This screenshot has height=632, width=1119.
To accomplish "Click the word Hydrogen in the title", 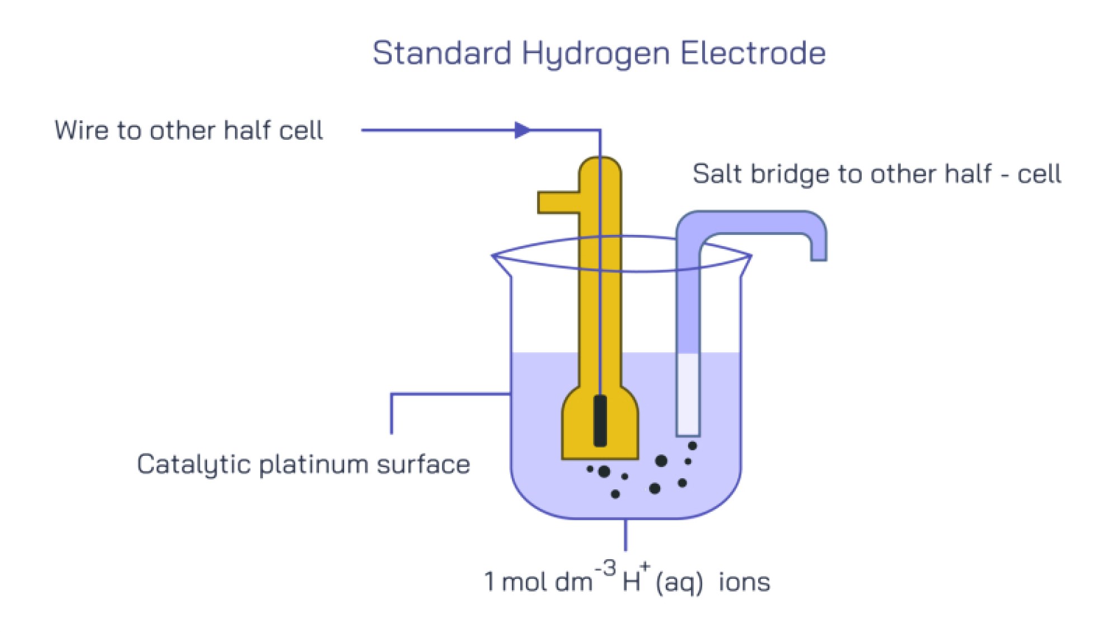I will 595,54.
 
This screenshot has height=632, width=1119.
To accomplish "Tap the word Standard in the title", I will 441,53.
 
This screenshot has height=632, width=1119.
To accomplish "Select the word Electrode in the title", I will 753,53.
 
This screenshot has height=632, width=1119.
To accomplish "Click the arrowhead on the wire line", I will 522,130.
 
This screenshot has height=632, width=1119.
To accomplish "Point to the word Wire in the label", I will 81,130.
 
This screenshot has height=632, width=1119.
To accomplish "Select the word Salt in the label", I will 718,174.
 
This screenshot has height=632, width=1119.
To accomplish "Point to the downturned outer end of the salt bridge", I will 819,246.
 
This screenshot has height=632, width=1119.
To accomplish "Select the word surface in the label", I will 423,465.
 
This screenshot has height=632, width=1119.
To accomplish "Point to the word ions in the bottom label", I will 744,582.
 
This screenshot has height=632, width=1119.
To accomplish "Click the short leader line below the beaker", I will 625,535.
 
